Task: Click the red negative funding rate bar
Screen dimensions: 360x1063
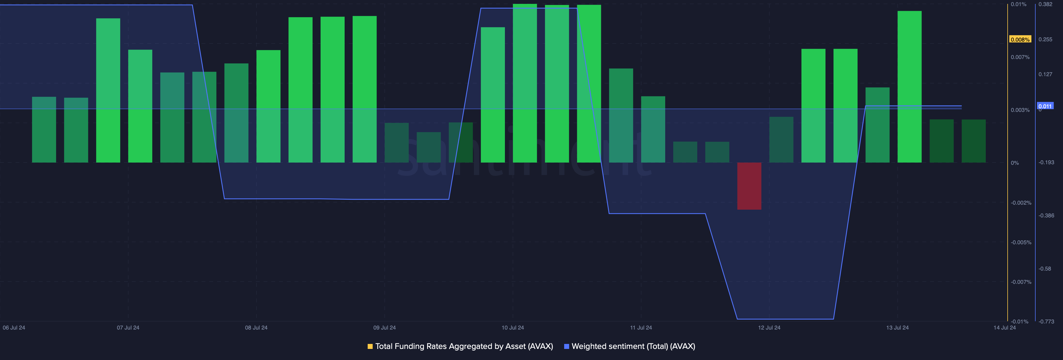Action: tap(749, 186)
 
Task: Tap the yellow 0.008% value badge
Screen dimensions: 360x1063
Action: tap(1020, 40)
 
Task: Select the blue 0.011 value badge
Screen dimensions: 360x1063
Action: tap(1045, 106)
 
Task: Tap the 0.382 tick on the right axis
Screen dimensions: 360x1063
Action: tap(1045, 4)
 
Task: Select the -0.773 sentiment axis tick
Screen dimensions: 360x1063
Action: tap(1046, 322)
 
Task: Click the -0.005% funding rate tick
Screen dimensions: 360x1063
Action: tap(1021, 242)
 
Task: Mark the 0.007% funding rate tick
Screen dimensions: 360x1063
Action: tap(1020, 57)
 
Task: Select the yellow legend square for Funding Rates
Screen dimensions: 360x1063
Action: tap(370, 346)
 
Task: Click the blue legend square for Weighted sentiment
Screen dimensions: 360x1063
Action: tap(567, 346)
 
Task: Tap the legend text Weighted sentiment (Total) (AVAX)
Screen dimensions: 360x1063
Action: tap(633, 346)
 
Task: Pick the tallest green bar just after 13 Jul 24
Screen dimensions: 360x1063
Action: tap(909, 87)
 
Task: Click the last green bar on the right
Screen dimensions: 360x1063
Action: tap(974, 141)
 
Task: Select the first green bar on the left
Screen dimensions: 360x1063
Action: tap(44, 130)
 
